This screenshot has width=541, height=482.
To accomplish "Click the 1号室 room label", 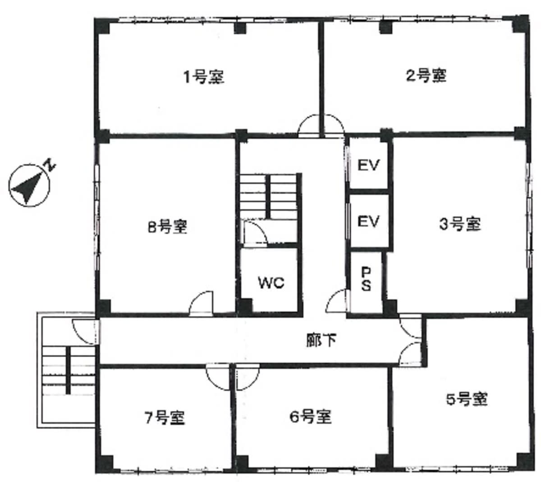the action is tap(204, 77).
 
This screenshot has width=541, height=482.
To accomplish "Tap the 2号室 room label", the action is tap(426, 75).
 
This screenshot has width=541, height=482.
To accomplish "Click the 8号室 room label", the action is tap(168, 227).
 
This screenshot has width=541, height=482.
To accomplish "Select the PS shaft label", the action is tap(366, 279).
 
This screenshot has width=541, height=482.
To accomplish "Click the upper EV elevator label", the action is tap(368, 165).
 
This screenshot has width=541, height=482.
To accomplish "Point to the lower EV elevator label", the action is tap(368, 221).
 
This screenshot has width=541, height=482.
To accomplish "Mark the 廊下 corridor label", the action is tap(321, 340).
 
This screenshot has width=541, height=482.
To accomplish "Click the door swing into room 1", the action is tap(309, 125).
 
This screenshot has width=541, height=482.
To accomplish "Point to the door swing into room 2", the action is tap(334, 125).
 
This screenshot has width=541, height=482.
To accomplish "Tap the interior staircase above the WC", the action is tap(268, 196).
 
